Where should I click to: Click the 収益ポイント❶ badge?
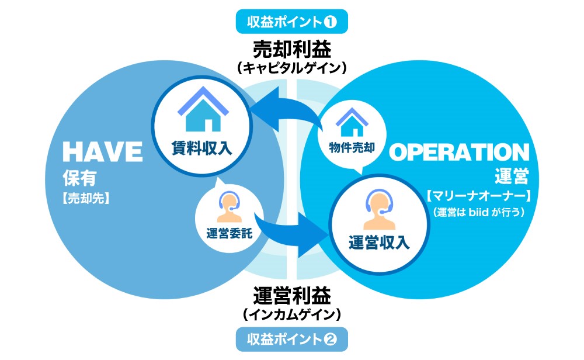tap(292, 22)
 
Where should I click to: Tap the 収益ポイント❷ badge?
tap(292, 338)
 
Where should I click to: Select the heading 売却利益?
tap(292, 47)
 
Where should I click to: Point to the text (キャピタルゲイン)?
tap(292, 68)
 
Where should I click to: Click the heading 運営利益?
tap(292, 294)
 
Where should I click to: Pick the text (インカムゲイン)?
tap(292, 314)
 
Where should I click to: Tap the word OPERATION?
tap(459, 153)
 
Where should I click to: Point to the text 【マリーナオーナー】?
tap(478, 193)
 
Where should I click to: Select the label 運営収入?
tap(378, 241)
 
